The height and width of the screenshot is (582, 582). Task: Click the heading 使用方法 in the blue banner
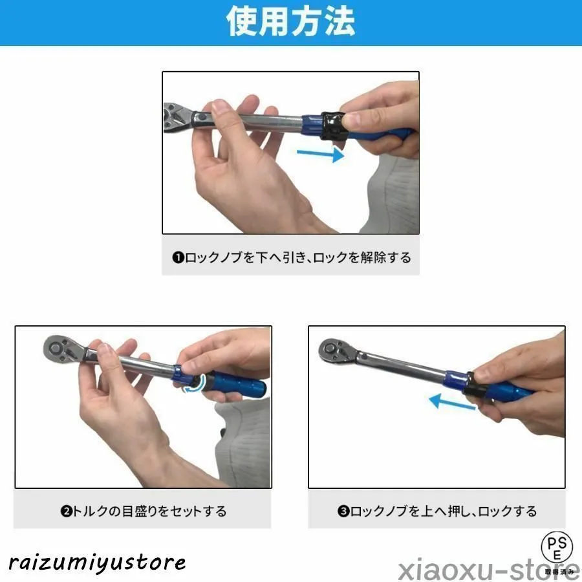pos(290,22)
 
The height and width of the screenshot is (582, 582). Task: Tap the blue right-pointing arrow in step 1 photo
pos(320,154)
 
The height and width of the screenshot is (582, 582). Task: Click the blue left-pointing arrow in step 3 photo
pos(452,402)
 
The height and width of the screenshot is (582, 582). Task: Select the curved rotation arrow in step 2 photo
pos(195,384)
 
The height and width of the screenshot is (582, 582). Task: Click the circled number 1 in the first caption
pos(178,257)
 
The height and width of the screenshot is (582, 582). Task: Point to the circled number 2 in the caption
pos(66,511)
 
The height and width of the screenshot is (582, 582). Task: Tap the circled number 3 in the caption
pos(343,511)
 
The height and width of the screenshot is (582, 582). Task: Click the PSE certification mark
pos(557,549)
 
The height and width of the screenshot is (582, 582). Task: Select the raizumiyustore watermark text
pos(97,563)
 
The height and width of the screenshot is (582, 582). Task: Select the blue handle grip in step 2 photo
pos(235,384)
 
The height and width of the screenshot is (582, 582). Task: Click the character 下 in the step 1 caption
pos(262,257)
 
